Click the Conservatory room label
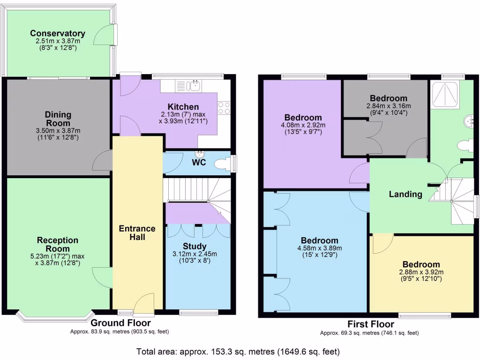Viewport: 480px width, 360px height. [x=58, y=33]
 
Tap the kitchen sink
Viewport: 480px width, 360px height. [x=194, y=86]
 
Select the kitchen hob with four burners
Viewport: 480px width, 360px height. [x=224, y=108]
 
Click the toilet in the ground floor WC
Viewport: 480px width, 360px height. [x=222, y=164]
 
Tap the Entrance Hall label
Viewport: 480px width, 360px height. [x=137, y=232]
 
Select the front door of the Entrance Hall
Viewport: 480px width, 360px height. [x=144, y=303]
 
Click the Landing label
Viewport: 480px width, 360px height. [x=405, y=194]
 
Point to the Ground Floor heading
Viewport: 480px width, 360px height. [x=120, y=323]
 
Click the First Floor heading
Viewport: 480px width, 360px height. [x=370, y=324]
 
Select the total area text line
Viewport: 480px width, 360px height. [x=238, y=351]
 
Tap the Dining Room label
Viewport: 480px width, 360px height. [x=58, y=119]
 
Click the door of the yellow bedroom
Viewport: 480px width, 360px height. [x=382, y=243]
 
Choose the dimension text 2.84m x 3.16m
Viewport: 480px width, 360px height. [x=388, y=105]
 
